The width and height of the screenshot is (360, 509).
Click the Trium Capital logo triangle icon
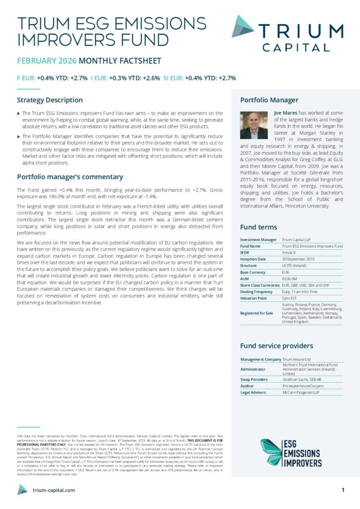(243, 26)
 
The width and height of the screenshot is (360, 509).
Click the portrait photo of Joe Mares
(254, 125)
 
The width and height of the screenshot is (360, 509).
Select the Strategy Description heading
(50, 100)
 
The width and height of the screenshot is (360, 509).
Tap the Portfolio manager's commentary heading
(70, 176)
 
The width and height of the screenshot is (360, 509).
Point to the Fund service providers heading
(276, 345)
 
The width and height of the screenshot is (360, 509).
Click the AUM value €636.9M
(291, 279)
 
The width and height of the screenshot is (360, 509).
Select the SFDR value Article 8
(290, 253)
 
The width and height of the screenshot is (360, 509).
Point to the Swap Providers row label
(254, 379)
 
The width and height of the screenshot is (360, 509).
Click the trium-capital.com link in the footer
(54, 490)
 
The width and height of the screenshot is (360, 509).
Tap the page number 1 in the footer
(343, 490)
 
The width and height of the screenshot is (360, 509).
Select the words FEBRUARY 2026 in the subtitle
(47, 61)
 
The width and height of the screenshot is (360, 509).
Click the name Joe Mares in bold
(285, 113)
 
